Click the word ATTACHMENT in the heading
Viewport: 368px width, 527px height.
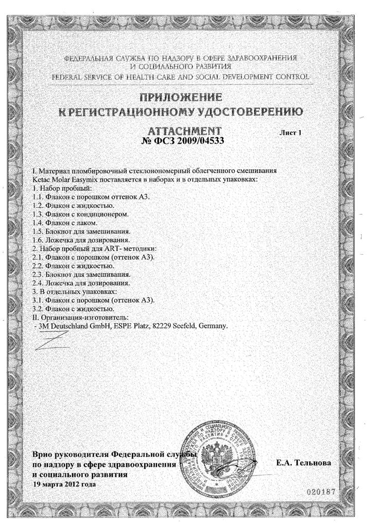pyautogui.click(x=184, y=131)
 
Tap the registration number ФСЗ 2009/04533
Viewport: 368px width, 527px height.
pyautogui.click(x=184, y=140)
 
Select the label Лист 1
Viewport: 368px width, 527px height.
pyautogui.click(x=290, y=132)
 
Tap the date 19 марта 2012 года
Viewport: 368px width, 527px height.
pyautogui.click(x=64, y=484)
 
